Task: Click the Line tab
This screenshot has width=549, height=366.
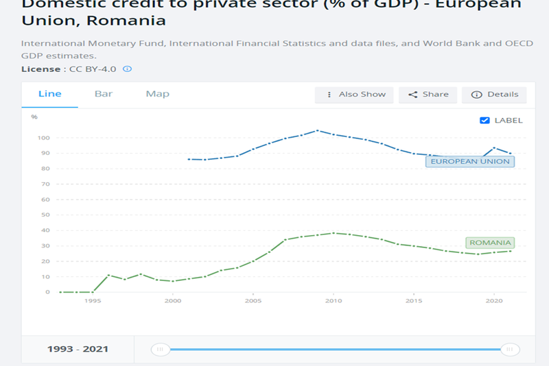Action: [x=49, y=94]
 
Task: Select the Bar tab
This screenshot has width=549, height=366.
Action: [x=104, y=94]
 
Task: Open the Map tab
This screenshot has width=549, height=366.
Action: [x=157, y=94]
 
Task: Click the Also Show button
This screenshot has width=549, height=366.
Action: [x=354, y=95]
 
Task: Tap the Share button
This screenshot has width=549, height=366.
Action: [x=428, y=95]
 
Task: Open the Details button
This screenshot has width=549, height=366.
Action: [x=494, y=95]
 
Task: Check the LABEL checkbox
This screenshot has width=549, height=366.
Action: [x=485, y=120]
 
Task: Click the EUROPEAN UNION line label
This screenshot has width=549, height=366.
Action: [x=470, y=162]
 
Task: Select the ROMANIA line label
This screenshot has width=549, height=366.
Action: [x=490, y=243]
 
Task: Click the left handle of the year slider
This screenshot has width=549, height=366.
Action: [x=161, y=350]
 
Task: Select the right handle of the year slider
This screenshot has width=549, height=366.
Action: [x=510, y=350]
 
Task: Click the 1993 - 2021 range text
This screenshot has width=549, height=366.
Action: [x=78, y=350]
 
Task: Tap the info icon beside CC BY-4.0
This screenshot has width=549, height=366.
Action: [x=127, y=69]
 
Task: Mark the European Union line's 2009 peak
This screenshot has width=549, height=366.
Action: [x=317, y=130]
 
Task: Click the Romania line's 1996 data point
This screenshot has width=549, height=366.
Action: [x=108, y=276]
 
